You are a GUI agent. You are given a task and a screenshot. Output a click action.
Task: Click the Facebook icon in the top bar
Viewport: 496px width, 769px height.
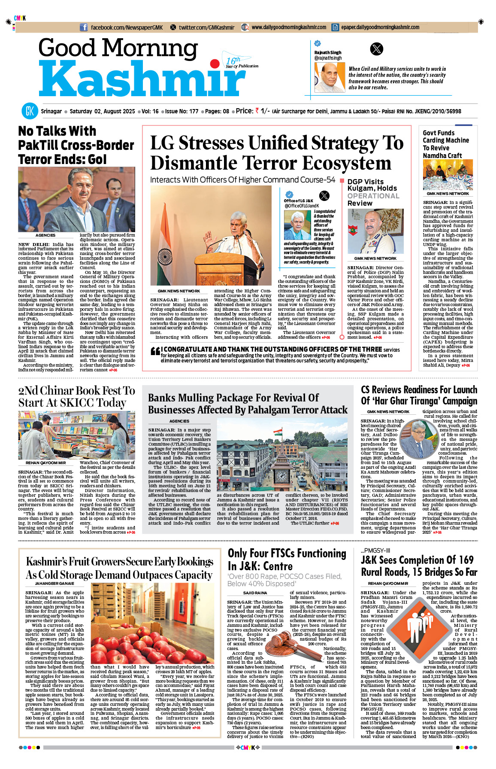84,27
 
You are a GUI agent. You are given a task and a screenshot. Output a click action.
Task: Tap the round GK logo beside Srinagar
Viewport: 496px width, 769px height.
30,111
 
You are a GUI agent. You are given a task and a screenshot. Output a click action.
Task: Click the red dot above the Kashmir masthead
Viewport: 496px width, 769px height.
215,64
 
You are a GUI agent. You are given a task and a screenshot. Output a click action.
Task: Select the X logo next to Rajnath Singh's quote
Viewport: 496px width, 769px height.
376,49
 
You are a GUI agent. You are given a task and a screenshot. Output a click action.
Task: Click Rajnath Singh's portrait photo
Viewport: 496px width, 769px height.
329,77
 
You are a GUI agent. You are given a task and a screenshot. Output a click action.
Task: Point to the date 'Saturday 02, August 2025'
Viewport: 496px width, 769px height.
102,111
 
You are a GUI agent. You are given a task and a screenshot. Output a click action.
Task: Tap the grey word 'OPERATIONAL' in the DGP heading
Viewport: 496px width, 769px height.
373,196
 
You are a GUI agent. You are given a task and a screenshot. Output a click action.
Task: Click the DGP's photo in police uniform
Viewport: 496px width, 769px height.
375,231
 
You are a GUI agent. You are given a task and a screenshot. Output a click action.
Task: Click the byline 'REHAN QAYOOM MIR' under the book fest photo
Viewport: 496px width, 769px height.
45,463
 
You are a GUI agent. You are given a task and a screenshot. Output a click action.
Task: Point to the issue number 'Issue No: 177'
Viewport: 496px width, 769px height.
181,111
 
